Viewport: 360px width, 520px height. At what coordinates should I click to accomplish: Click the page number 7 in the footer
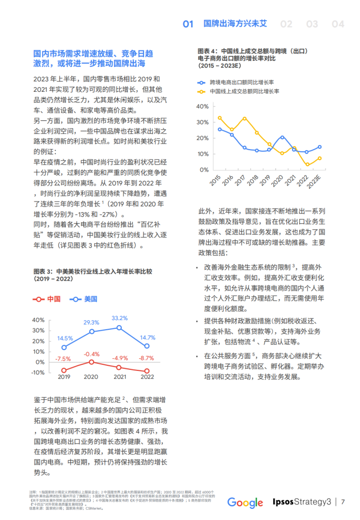pyautogui.click(x=343, y=502)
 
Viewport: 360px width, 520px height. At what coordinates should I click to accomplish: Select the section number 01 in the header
pyautogui.click(x=188, y=24)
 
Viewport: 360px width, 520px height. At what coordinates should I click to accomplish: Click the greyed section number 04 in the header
pyautogui.click(x=338, y=24)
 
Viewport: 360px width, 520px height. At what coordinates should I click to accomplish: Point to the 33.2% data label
pyautogui.click(x=120, y=318)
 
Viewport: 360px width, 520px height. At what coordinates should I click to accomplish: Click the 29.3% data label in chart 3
pyautogui.click(x=91, y=323)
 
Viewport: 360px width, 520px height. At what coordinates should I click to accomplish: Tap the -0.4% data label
pyautogui.click(x=91, y=354)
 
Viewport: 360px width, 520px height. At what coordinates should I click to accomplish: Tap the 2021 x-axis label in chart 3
pyautogui.click(x=120, y=377)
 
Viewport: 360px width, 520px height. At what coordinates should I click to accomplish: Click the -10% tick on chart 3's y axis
pyautogui.click(x=39, y=372)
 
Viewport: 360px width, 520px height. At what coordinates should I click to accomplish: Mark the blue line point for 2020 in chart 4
pyautogui.click(x=282, y=137)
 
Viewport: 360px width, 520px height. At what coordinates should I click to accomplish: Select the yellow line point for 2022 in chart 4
pyautogui.click(x=307, y=164)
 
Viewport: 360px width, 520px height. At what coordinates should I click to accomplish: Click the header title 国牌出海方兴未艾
pyautogui.click(x=235, y=24)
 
